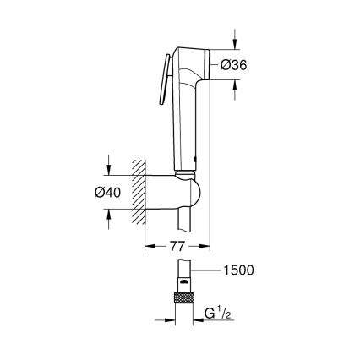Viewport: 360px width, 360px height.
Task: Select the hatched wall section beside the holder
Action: tap(134, 192)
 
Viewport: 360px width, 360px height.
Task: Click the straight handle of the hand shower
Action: tap(183, 135)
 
